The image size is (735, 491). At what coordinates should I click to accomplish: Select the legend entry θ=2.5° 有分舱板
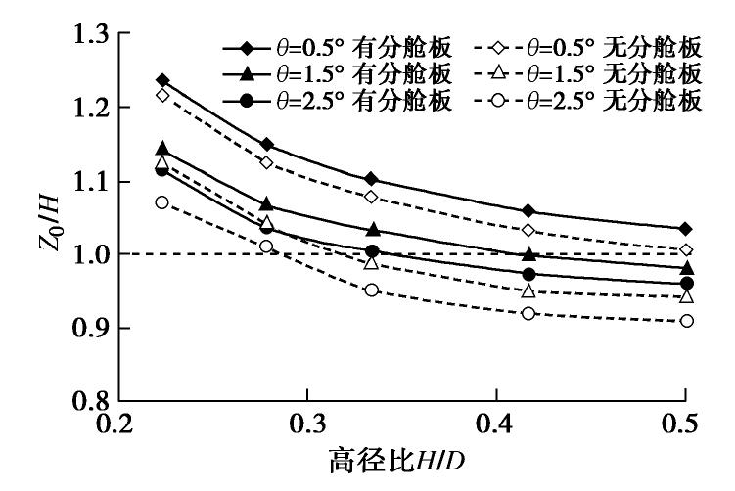337,99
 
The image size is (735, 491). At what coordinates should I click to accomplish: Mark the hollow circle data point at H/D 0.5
687,321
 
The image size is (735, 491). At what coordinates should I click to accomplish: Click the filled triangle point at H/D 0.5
687,268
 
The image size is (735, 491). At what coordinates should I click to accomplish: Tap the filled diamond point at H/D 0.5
687,229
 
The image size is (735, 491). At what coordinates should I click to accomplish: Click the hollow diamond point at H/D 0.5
687,250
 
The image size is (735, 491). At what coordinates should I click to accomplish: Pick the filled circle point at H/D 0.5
687,284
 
